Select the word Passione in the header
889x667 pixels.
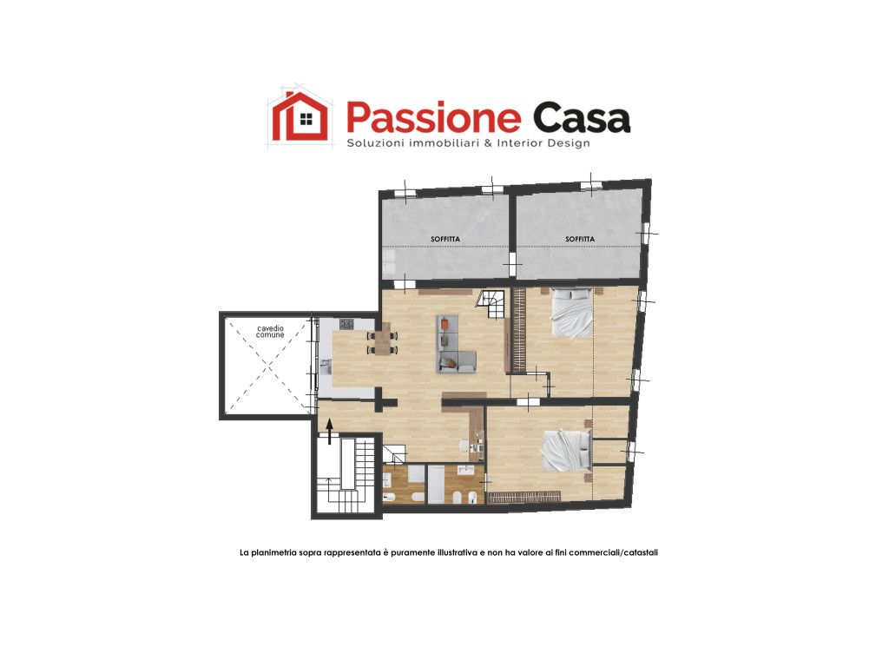click(x=432, y=118)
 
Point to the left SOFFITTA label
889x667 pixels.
click(x=445, y=238)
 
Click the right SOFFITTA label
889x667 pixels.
click(x=580, y=238)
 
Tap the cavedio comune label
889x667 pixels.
click(x=270, y=331)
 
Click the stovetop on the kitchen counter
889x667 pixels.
click(x=346, y=324)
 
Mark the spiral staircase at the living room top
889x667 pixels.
click(x=491, y=303)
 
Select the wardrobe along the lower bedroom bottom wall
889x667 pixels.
click(x=523, y=497)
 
